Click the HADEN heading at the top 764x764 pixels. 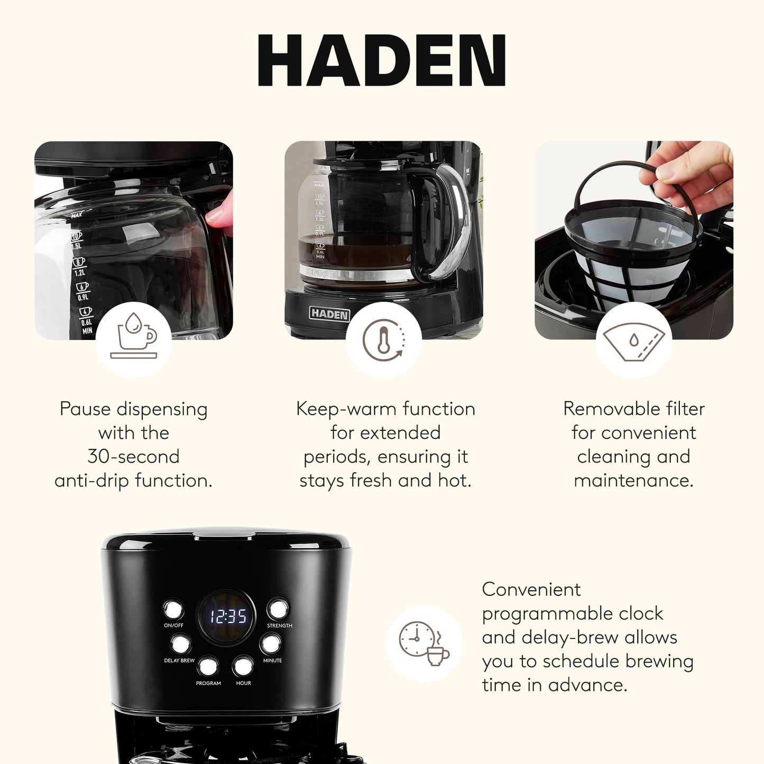[382, 60]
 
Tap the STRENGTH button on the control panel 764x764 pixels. [278, 609]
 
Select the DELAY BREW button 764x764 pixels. [181, 645]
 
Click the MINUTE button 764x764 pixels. [271, 644]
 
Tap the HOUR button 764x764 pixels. [243, 666]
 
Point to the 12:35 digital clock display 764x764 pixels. [227, 616]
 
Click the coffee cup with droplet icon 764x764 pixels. [134, 339]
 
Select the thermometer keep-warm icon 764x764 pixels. [383, 339]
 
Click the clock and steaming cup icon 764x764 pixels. [424, 643]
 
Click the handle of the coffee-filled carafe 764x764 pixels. [449, 222]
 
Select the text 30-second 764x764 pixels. [133, 456]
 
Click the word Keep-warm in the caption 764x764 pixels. [346, 409]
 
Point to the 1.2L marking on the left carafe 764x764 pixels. [79, 272]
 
